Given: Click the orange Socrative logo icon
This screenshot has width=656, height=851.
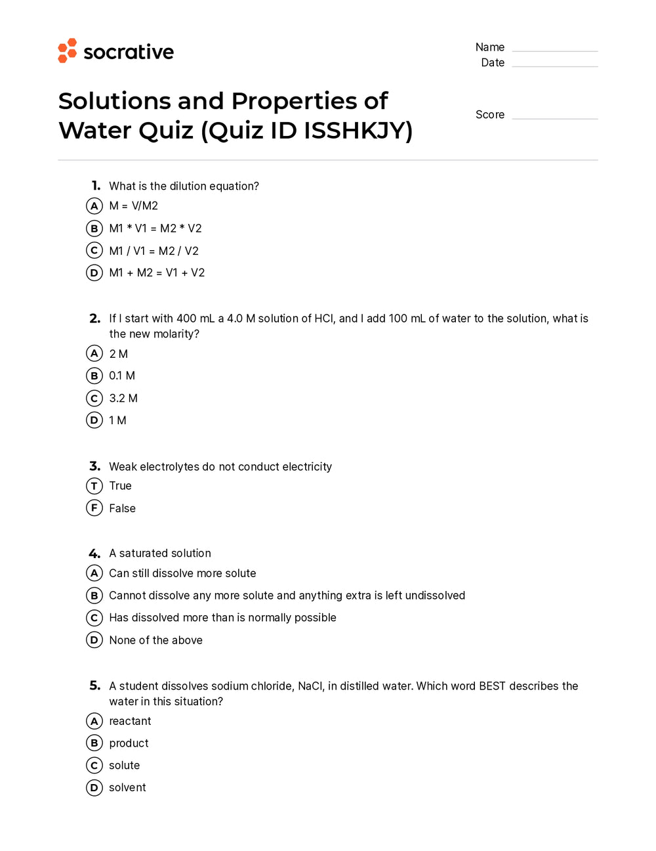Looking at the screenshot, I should (68, 51).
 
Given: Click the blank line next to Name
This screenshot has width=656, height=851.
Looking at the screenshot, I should (554, 50).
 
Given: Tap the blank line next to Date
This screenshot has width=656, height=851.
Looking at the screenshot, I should (554, 65).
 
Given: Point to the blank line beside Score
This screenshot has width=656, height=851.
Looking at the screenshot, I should (554, 118).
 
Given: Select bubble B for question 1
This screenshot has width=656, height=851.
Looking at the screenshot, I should (94, 229).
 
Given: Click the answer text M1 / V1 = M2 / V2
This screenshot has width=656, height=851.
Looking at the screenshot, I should (154, 251).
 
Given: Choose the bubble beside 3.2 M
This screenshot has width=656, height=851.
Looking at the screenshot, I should (94, 398).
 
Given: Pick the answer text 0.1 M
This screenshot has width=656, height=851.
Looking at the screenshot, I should (122, 376).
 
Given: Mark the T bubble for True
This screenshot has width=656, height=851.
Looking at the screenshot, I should (94, 486).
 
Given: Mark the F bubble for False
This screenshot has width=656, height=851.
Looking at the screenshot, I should (94, 508).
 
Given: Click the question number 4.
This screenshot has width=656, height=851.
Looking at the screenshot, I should (94, 554).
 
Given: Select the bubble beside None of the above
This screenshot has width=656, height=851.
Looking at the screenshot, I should (94, 640).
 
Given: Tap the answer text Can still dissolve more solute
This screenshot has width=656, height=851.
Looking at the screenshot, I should (182, 573).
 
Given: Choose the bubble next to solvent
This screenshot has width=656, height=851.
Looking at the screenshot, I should (94, 787).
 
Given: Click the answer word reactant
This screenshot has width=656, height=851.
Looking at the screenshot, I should (130, 721).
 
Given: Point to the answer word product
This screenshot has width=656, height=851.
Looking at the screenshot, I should (129, 743).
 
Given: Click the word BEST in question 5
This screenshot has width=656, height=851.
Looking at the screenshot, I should (492, 686).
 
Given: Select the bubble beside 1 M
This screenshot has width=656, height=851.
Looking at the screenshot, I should (94, 420).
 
